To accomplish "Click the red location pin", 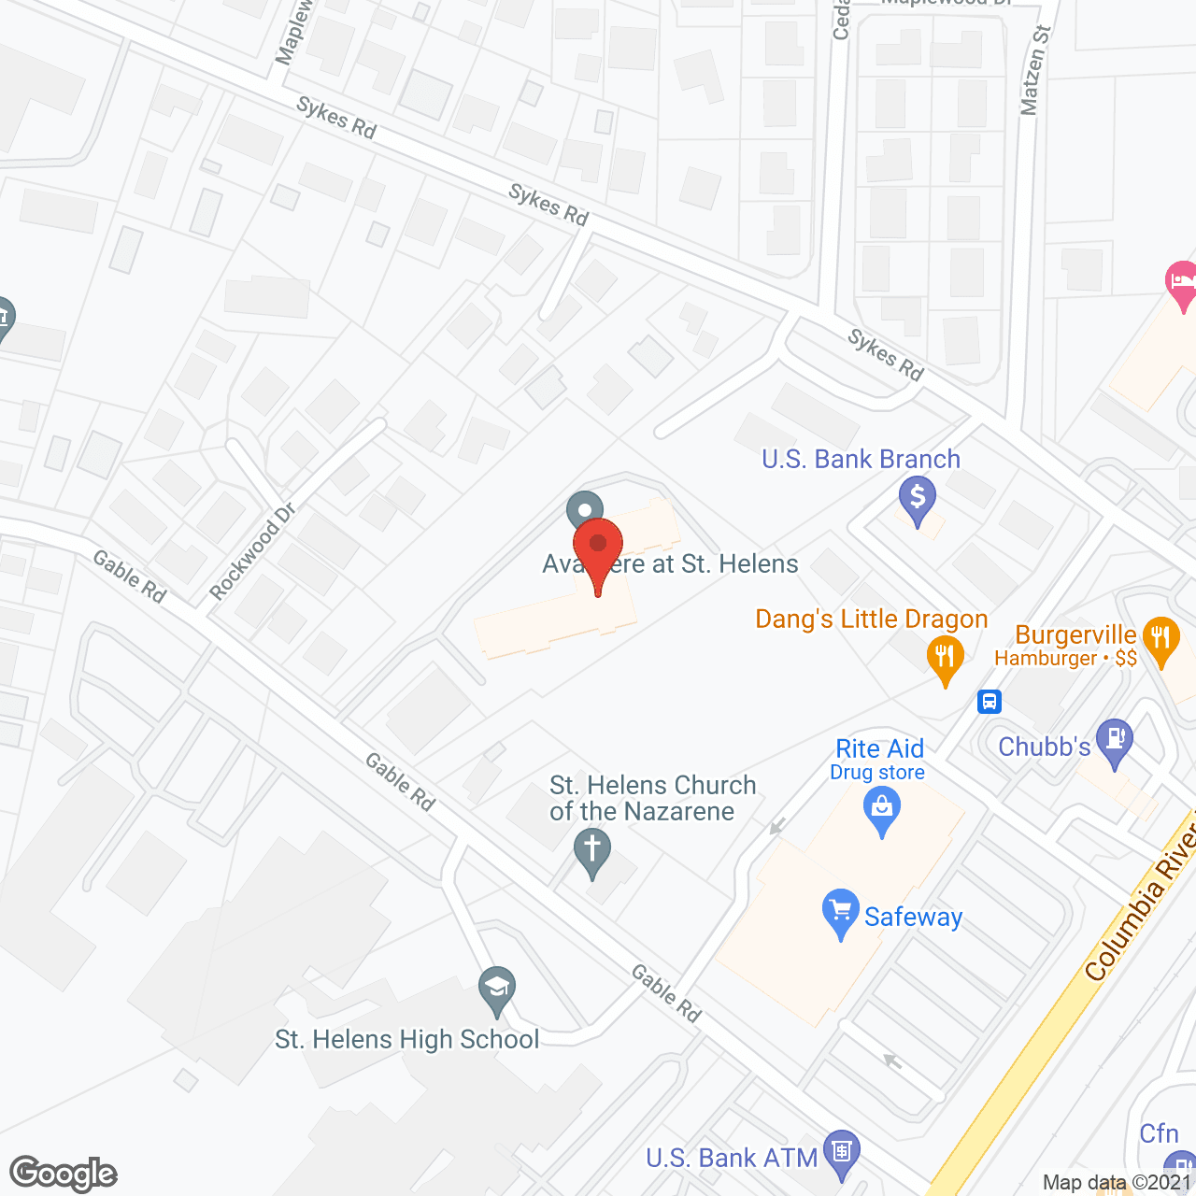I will [x=598, y=546].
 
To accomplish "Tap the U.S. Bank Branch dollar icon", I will [x=918, y=496].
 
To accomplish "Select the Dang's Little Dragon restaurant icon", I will [x=945, y=657].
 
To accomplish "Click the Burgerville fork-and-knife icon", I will [x=1160, y=640].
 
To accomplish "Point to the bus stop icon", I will [x=990, y=701].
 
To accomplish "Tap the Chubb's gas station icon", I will [x=1114, y=739].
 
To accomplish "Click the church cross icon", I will [x=591, y=852].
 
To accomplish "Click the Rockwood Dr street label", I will [x=252, y=552].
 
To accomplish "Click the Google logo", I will [x=64, y=1174].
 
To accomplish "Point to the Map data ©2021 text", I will [x=1118, y=1182].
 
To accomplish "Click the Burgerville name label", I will [x=1075, y=635].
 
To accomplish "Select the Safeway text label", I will [x=913, y=918].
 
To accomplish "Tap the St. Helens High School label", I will [x=407, y=1040].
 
